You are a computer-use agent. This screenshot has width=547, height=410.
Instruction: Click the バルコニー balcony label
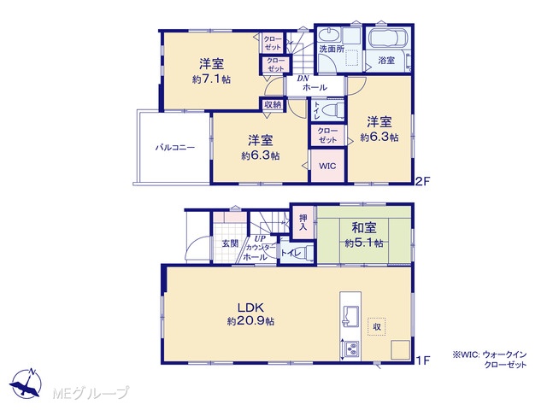pos(174,148)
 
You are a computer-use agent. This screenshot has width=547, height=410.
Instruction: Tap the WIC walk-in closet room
pos(327,166)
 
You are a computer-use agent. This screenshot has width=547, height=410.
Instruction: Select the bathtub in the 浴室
pos(388,38)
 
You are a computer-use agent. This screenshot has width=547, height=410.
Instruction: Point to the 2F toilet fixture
pos(330,111)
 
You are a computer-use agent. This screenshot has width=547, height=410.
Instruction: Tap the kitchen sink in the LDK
pos(350,316)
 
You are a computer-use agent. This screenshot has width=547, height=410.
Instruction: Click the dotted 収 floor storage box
pos(376,326)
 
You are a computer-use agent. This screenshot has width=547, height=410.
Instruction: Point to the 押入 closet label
pos(303,222)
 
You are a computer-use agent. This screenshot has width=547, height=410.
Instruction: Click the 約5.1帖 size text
pos(364,243)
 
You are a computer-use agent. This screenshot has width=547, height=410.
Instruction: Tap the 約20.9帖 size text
pos(250,321)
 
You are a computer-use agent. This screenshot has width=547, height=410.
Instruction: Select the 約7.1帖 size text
pos(211,79)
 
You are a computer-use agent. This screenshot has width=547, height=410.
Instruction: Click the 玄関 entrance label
pos(230,243)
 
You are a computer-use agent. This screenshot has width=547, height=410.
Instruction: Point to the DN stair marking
pos(303,79)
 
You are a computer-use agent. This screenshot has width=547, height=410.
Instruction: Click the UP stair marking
pos(260,239)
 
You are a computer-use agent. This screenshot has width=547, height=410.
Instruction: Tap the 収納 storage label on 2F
pos(273,104)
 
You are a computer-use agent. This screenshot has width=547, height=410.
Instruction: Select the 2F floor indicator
pos(423,181)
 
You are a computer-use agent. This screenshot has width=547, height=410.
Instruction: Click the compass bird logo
pos(26,384)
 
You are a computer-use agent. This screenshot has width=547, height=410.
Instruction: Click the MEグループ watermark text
pos(91,393)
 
